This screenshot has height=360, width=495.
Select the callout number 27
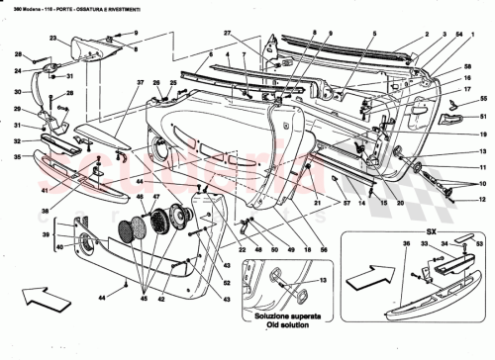point(227,35)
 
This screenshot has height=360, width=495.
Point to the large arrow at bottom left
point(38,299)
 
